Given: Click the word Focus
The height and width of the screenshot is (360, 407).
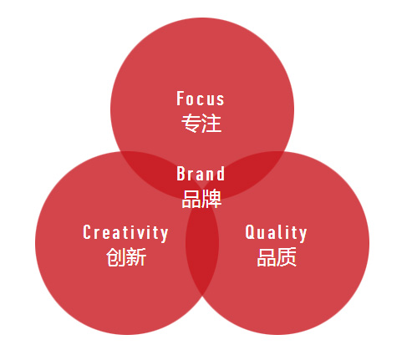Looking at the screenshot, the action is pos(201,99).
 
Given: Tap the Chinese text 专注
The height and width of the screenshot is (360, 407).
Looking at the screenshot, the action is pos(201,123).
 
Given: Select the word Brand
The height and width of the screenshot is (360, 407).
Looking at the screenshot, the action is pos(201,174).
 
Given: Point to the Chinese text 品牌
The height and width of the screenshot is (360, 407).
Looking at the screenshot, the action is pos(201,199).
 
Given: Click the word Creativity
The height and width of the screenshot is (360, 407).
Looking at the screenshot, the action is pos(125,233).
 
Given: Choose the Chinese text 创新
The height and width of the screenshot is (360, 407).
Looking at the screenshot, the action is pos(126,257).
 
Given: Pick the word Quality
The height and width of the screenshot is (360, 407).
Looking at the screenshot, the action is pos(276,233).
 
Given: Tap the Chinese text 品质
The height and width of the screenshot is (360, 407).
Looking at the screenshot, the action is pos(277,257).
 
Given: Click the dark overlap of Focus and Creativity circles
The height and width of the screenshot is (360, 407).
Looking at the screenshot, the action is pos(148,170).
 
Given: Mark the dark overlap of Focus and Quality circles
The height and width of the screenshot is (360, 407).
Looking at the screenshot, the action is pos(255,170).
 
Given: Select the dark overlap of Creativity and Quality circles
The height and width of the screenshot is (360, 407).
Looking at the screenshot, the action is pos(202,251).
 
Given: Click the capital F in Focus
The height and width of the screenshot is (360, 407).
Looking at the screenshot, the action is pos(181,99).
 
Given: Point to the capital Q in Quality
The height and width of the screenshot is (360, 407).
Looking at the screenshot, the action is pos(249,233).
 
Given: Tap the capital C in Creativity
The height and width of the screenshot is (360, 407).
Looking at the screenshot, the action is pos(87,232).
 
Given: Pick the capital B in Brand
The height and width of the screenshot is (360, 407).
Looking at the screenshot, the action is pos(181,174).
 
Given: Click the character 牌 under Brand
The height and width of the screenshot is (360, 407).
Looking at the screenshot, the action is pos(212,199).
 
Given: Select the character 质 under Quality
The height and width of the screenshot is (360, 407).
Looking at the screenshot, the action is pos(287,257).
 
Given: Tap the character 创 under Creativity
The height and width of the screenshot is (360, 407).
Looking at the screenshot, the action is pos(116,257).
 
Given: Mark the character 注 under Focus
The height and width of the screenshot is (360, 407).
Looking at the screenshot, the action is pos(211,123).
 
